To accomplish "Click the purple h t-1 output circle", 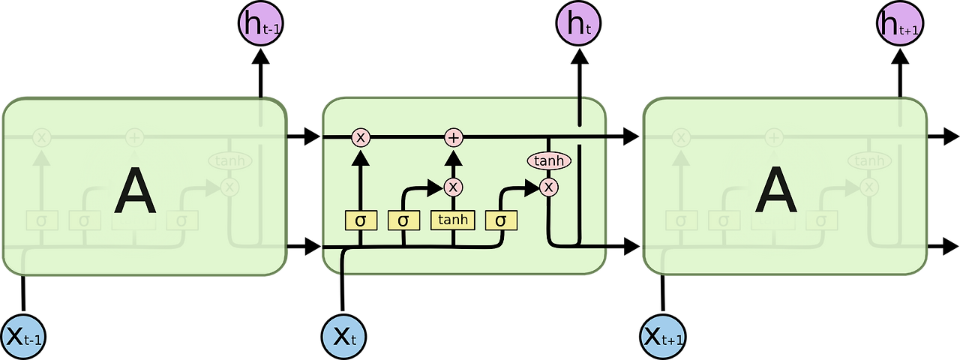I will pyautogui.click(x=260, y=24).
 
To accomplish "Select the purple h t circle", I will pyautogui.click(x=578, y=24).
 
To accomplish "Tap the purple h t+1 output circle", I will pyautogui.click(x=899, y=24).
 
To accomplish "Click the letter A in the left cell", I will pyautogui.click(x=135, y=191).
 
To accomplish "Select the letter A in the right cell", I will pyautogui.click(x=775, y=191).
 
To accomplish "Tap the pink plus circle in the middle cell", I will pyautogui.click(x=453, y=137).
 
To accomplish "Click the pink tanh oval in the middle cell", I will pyautogui.click(x=549, y=160).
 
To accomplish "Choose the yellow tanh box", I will pyautogui.click(x=453, y=220).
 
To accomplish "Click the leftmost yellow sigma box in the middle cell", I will pyautogui.click(x=361, y=220).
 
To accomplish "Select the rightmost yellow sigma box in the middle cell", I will pyautogui.click(x=501, y=220).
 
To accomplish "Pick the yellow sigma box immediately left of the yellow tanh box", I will pyautogui.click(x=403, y=220).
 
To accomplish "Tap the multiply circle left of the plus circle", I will pyautogui.click(x=361, y=137).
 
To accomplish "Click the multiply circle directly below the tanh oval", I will pyautogui.click(x=549, y=187).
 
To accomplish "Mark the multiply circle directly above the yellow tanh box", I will pyautogui.click(x=453, y=187).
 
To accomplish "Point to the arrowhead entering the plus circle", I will pyautogui.click(x=453, y=157).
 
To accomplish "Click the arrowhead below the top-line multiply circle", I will pyautogui.click(x=361, y=157).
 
